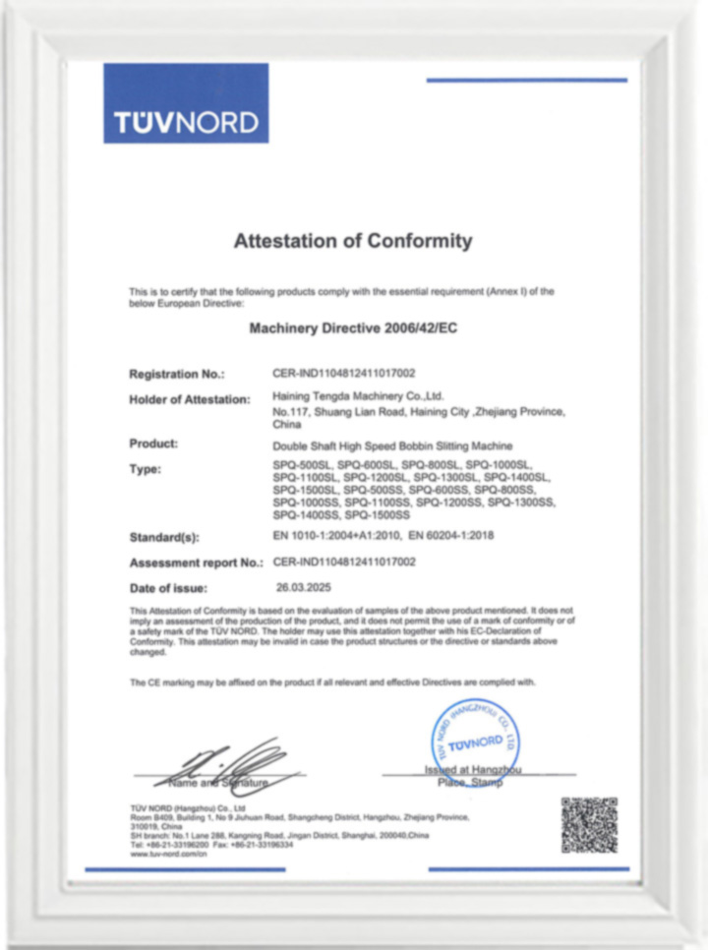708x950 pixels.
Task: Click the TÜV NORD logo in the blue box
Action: [186, 122]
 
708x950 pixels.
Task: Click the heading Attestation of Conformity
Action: [352, 241]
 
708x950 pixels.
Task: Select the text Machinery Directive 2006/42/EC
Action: [353, 329]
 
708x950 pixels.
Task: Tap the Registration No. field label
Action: [177, 375]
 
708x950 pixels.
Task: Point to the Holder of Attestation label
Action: [190, 398]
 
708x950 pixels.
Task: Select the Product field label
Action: [153, 444]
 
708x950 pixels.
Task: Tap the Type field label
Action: [145, 469]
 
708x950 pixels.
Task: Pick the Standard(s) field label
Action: [166, 538]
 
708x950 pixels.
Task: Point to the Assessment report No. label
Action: [196, 563]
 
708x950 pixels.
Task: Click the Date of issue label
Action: [168, 588]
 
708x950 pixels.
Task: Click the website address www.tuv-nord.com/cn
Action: [168, 855]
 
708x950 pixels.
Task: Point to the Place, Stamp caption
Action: [469, 784]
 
